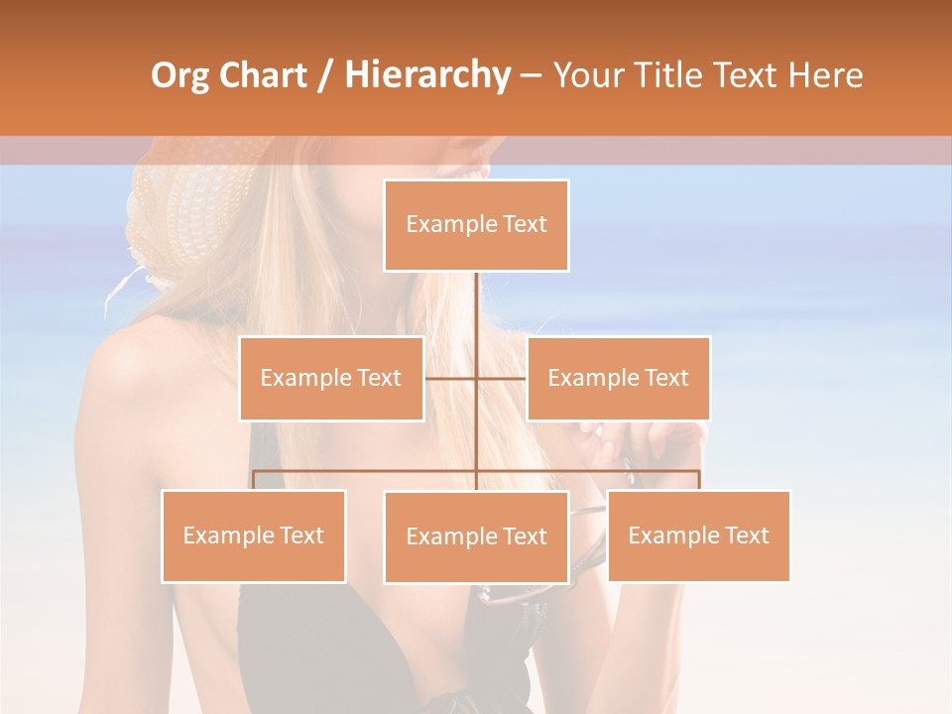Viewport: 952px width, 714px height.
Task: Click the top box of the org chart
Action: tap(476, 225)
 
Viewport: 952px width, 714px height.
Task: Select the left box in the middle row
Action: tap(331, 378)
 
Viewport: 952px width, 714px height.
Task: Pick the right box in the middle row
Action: tap(618, 378)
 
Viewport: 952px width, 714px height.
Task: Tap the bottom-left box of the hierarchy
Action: tap(254, 535)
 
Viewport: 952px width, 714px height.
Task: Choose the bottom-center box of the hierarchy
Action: tap(476, 536)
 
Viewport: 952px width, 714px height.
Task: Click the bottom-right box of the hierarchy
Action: tap(698, 535)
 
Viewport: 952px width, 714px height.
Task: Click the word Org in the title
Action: tap(179, 75)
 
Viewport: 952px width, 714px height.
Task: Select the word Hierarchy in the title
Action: tap(426, 75)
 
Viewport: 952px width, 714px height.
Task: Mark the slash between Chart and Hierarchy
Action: tap(327, 75)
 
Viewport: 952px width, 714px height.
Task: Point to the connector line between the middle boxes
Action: tap(475, 378)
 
